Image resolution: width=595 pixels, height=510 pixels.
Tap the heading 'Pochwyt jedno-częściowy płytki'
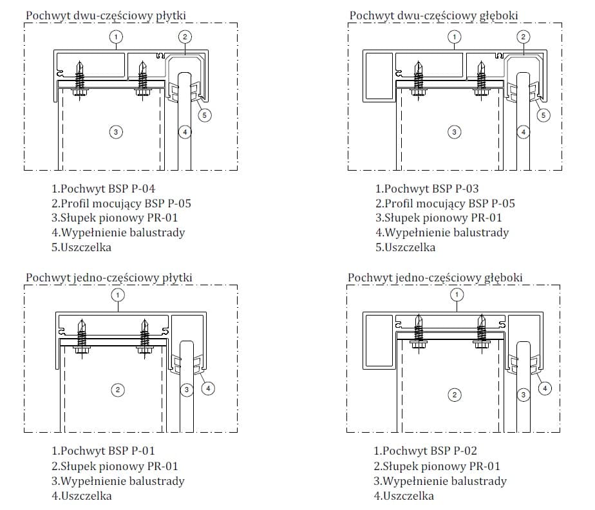click(109, 278)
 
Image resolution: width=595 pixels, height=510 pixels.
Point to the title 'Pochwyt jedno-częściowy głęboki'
click(435, 278)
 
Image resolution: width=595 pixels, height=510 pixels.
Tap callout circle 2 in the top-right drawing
click(524, 37)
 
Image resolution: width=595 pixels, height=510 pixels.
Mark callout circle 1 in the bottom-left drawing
click(117, 295)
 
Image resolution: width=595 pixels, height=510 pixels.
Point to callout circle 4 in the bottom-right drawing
click(545, 388)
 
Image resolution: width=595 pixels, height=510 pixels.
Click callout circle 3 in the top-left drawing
click(115, 132)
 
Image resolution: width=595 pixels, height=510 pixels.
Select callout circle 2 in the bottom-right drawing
click(455, 394)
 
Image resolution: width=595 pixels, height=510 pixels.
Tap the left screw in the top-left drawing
click(80, 77)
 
